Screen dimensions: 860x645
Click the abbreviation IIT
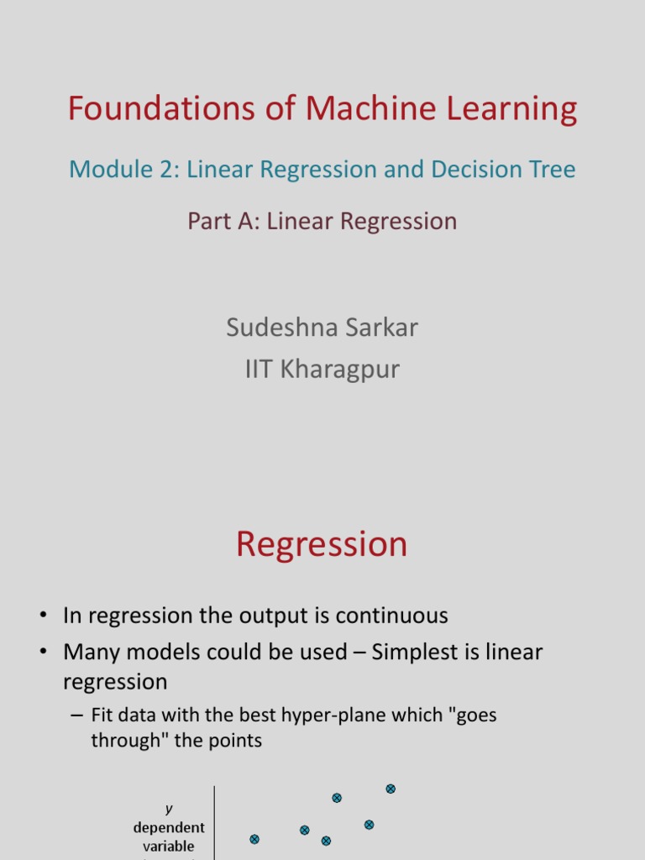[x=260, y=369]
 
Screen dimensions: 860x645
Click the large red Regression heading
[x=322, y=545]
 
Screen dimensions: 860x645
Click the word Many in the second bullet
[x=92, y=653]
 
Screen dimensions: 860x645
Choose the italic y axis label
[x=169, y=809]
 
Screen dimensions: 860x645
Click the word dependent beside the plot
[x=169, y=828]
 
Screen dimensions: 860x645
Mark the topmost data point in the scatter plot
[x=391, y=789]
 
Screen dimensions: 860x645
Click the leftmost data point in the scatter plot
[x=254, y=839]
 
